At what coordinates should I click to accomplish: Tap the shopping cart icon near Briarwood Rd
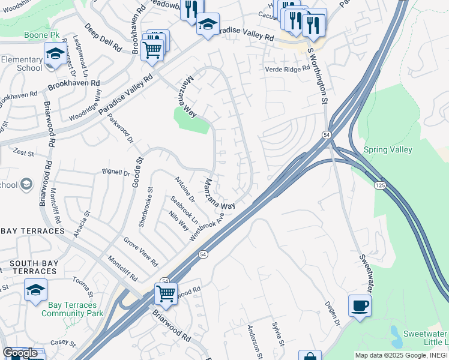pos(166,294)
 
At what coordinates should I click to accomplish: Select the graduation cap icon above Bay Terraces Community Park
pos(35,290)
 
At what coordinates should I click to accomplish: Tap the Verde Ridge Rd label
pos(287,70)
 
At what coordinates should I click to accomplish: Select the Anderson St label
pos(256,343)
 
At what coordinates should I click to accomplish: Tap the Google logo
pos(20,353)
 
